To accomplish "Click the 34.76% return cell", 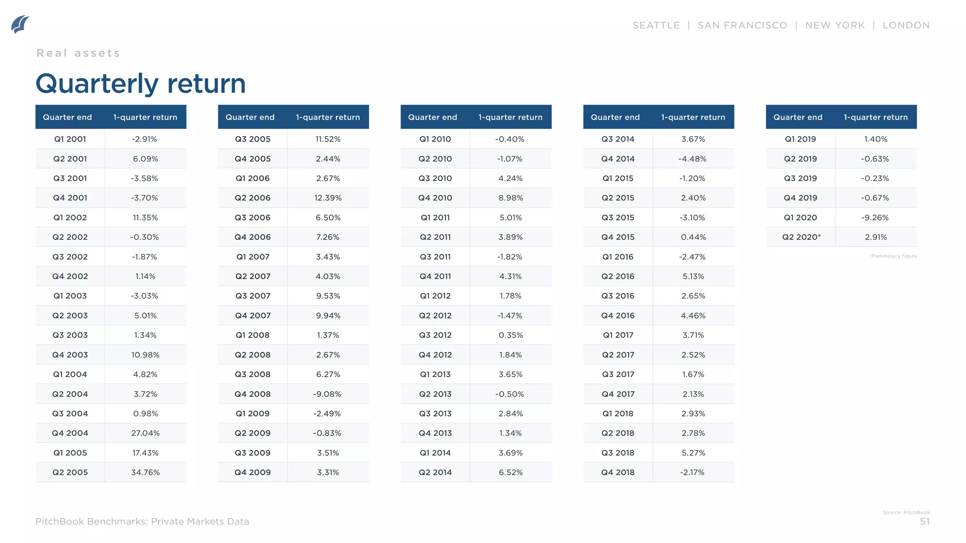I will click(145, 472).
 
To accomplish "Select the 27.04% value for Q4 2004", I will click(145, 433).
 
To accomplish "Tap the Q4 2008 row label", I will click(252, 394).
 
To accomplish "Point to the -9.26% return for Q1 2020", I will click(875, 218).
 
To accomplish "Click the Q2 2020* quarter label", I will click(801, 237).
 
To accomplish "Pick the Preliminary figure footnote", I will click(893, 256).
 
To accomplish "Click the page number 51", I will click(924, 522).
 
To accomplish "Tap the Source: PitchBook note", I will click(906, 512).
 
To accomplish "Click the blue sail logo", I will click(20, 25).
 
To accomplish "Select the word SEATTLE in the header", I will click(656, 25).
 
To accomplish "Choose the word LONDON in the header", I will click(906, 25).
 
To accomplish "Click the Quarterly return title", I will click(141, 83).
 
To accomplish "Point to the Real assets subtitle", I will click(78, 53).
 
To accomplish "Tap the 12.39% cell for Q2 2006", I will click(328, 198).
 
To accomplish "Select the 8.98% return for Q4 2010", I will click(510, 198).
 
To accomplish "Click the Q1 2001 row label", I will click(70, 139).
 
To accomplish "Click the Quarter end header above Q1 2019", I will click(798, 117).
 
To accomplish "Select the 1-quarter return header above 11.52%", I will click(328, 117).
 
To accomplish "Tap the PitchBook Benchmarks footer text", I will click(142, 522).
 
